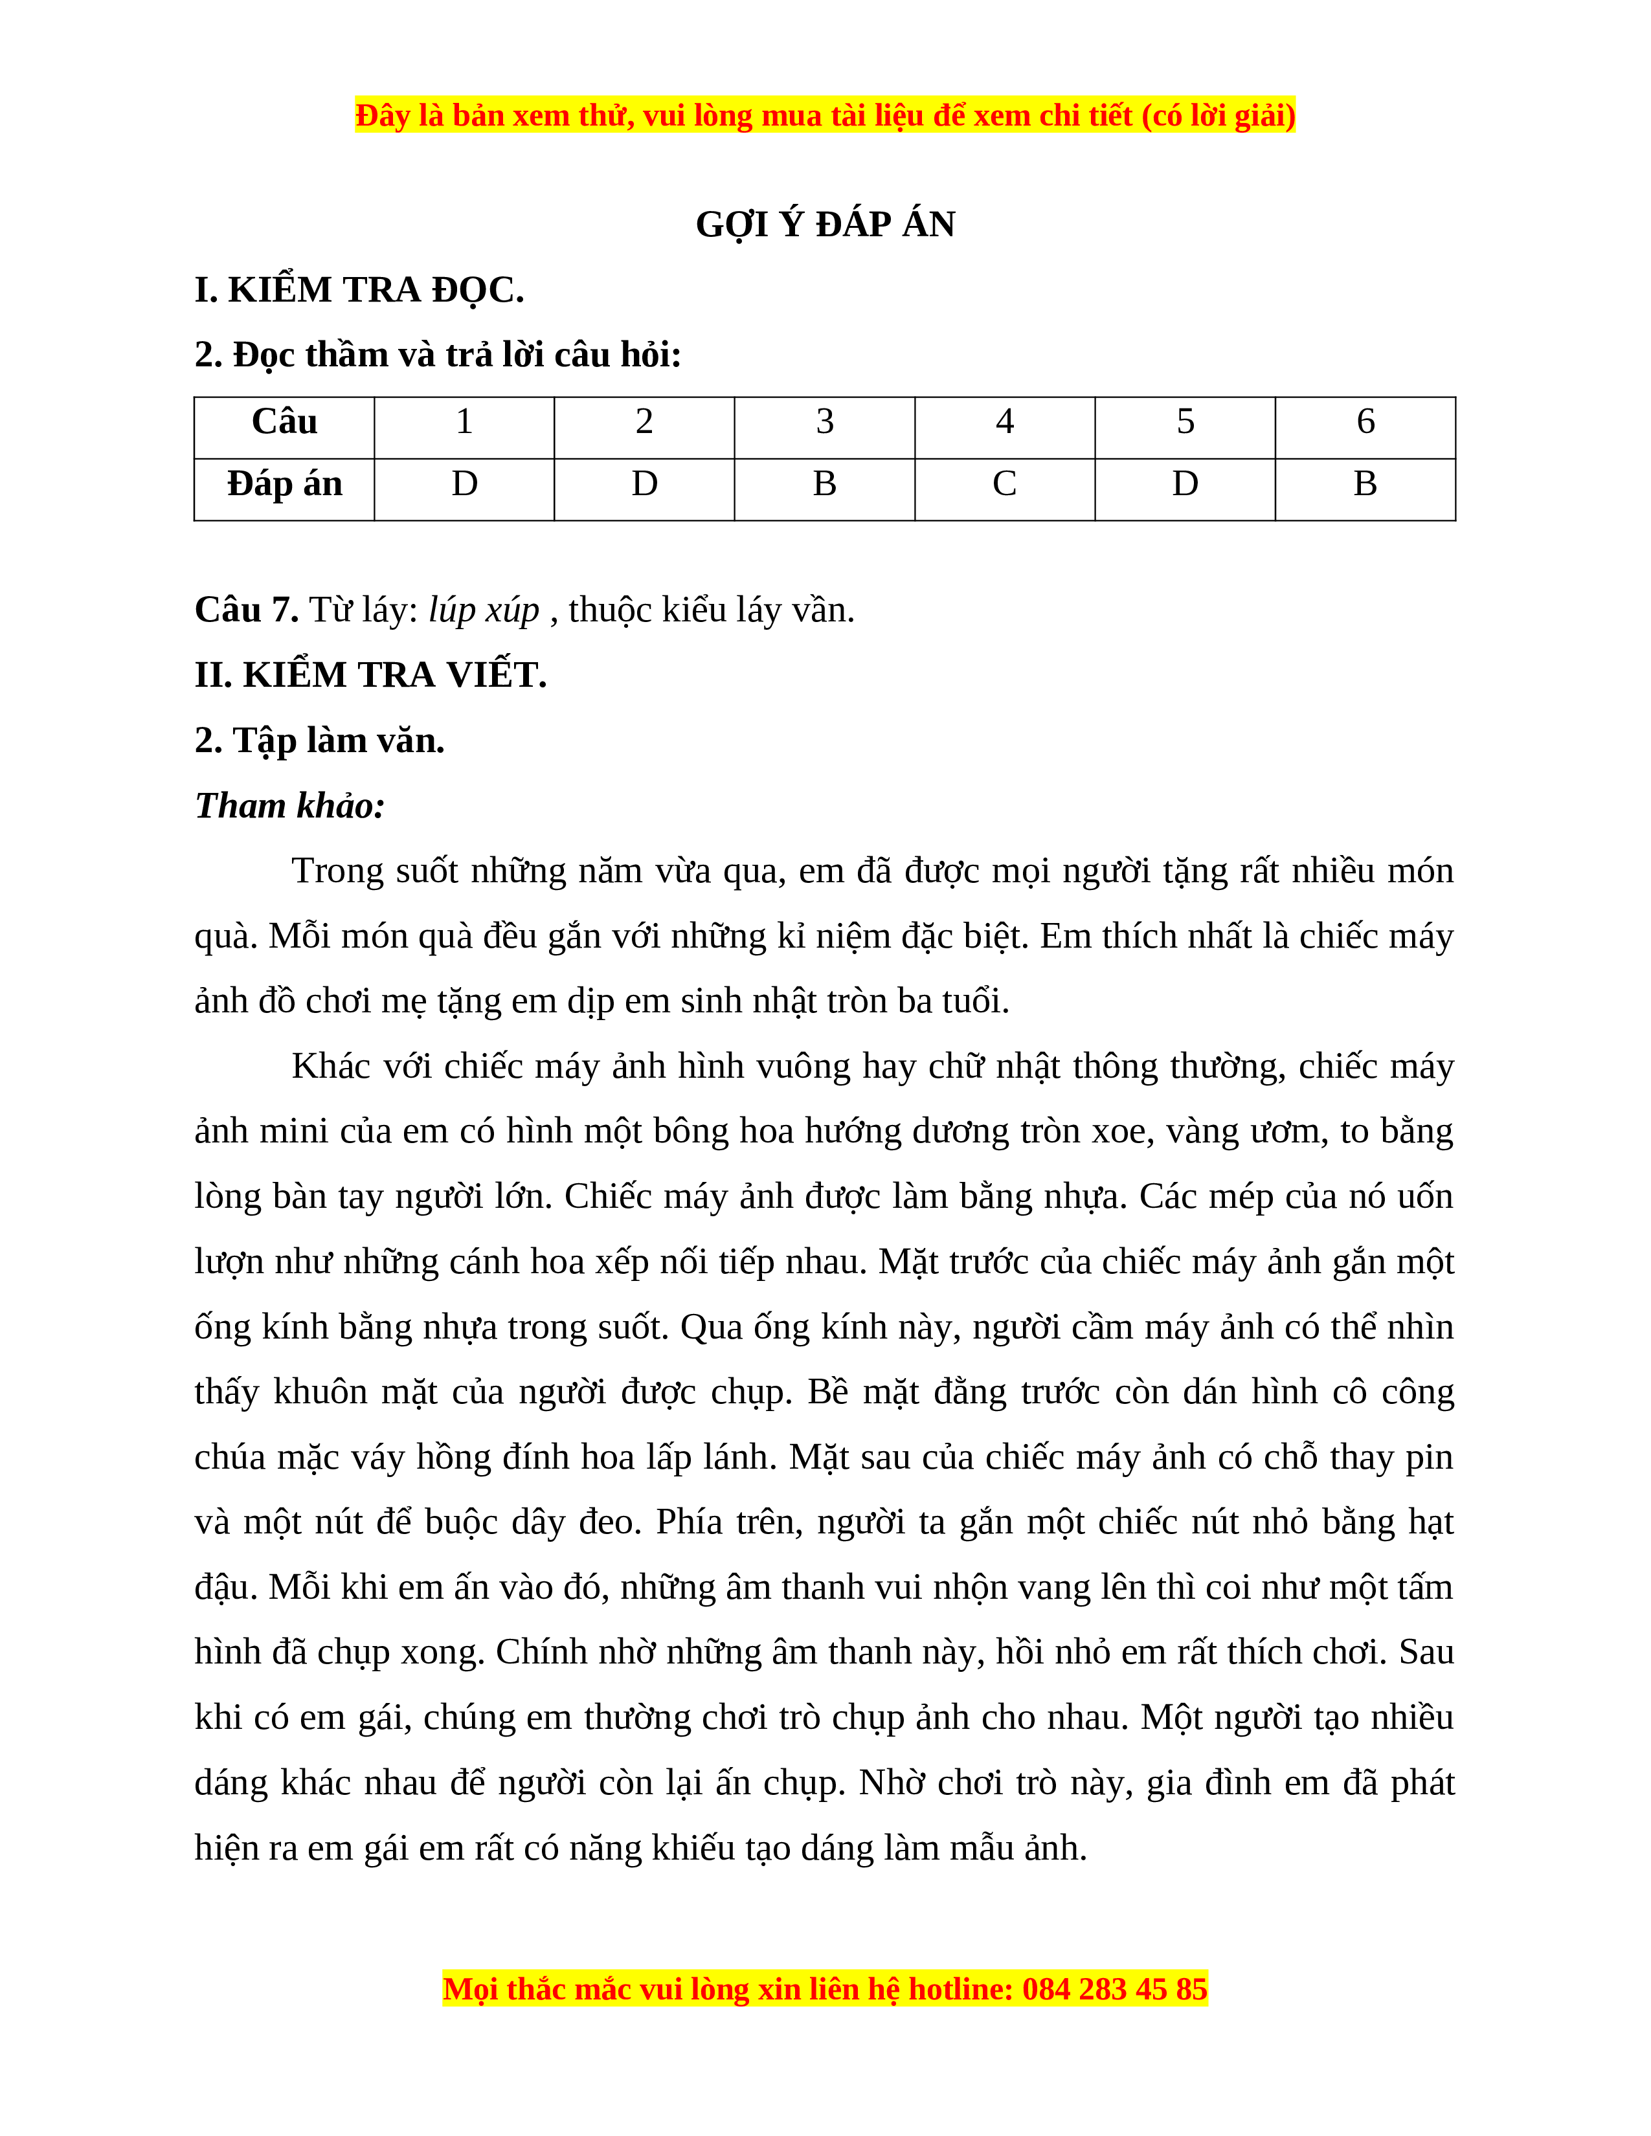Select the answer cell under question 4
1004,484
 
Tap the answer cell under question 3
824,484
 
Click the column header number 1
465,421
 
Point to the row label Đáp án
285,484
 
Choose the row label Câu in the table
285,421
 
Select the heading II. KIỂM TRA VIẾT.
371,675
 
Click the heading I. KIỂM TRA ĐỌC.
359,291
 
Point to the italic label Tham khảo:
289,806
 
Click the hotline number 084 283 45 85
1114,1989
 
